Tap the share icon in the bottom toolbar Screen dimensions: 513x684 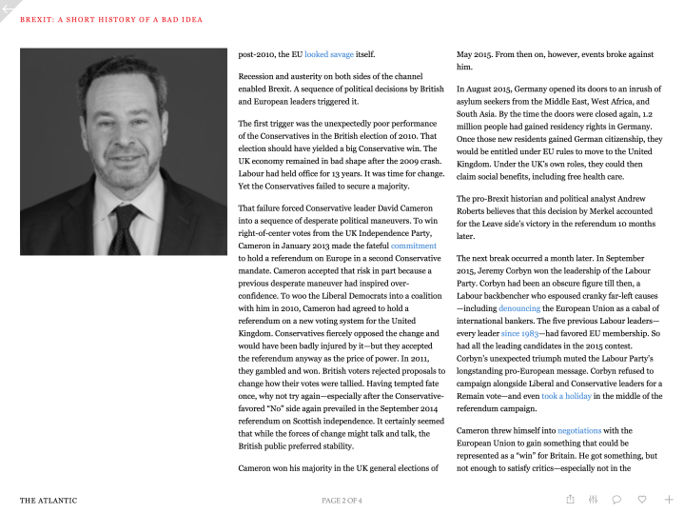(x=570, y=499)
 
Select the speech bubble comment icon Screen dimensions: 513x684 (x=617, y=499)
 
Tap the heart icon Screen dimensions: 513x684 (x=643, y=499)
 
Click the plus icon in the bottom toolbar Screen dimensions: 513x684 (x=669, y=499)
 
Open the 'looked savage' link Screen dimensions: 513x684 (x=328, y=55)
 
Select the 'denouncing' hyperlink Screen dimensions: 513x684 (x=518, y=308)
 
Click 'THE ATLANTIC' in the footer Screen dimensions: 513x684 (x=49, y=500)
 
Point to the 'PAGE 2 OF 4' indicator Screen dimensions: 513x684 (x=342, y=500)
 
